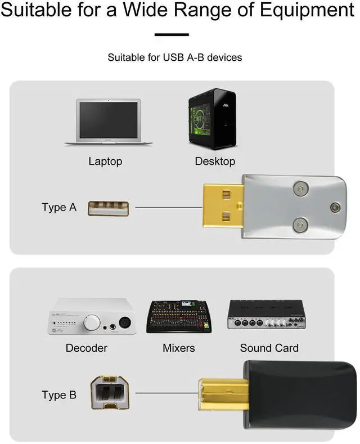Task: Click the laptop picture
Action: (109, 122)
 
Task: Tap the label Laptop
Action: (105, 162)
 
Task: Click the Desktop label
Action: (215, 162)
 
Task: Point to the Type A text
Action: (58, 207)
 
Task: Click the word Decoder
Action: (86, 348)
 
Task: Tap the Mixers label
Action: (179, 348)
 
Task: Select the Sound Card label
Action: (269, 348)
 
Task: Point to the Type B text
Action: (58, 395)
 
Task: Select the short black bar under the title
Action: (172, 34)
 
